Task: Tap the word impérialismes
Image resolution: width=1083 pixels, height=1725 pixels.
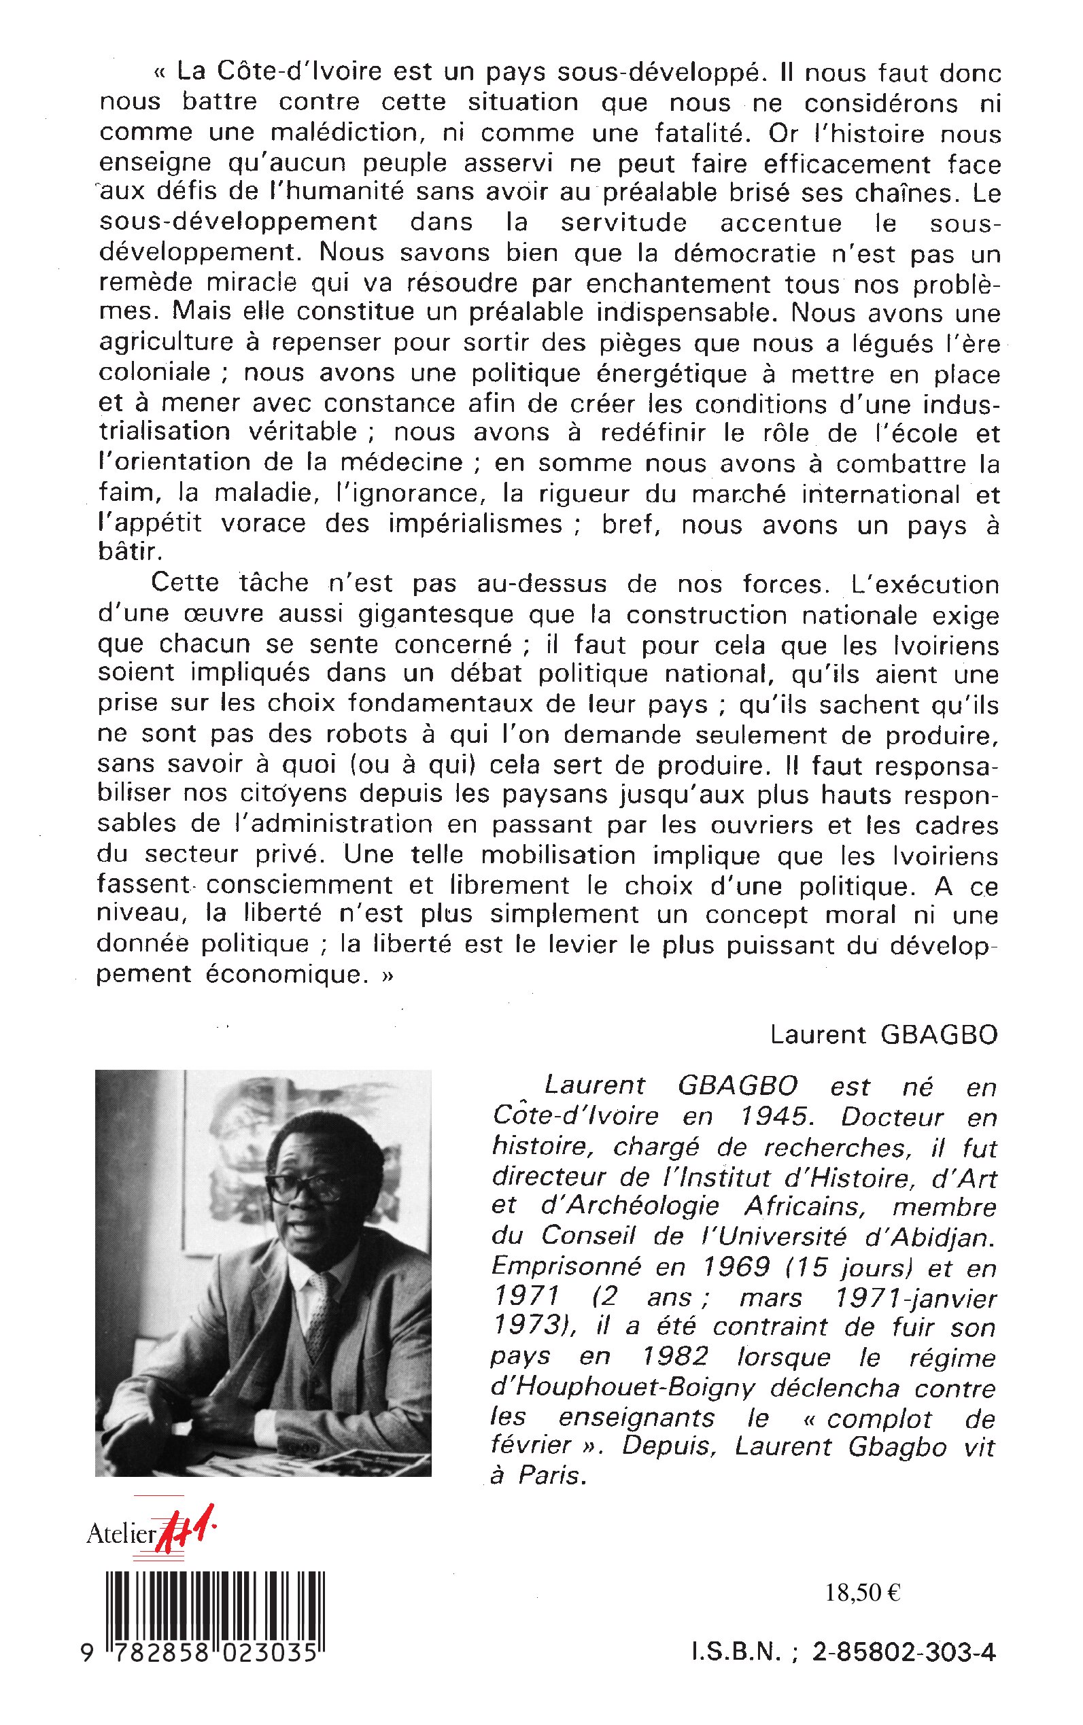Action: click(x=475, y=523)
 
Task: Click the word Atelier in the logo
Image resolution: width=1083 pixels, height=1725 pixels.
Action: click(x=120, y=1534)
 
